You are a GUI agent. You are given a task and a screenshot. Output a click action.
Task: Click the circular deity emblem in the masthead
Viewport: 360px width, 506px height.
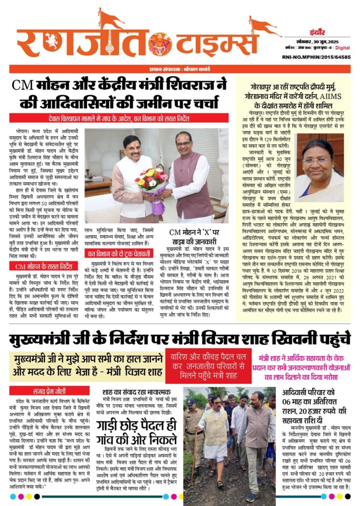(160, 44)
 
